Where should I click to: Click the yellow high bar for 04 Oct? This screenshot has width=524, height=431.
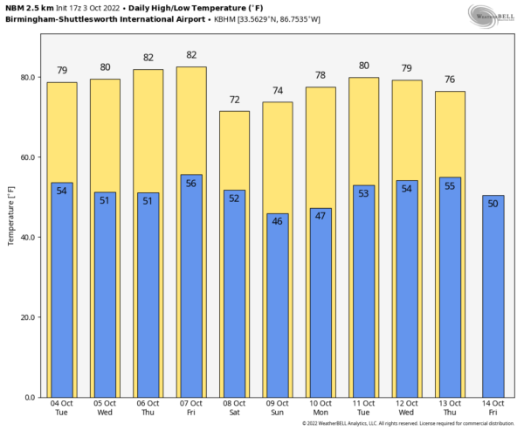pos(62,131)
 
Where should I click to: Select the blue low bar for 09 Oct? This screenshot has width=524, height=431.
pos(278,306)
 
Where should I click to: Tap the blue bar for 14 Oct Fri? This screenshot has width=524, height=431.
pos(493,297)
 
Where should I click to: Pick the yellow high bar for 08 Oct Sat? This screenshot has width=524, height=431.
pos(234,149)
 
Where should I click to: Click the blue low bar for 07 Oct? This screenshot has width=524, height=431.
pos(191,288)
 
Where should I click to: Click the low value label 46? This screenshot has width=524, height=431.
pos(278,222)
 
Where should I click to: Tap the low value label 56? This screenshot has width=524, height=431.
pos(191,184)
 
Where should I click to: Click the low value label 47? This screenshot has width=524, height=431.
pos(321,216)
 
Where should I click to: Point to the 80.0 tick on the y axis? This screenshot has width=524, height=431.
pos(26,78)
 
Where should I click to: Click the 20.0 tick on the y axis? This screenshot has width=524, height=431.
pos(26,317)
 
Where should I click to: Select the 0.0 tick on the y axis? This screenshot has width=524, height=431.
pos(30,398)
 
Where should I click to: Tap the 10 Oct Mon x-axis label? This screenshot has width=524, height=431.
pos(321,407)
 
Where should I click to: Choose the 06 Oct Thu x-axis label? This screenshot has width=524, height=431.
pos(148,407)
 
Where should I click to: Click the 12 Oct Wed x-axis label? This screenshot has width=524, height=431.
pos(407,407)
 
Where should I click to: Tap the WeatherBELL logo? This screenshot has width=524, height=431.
pos(494,15)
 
